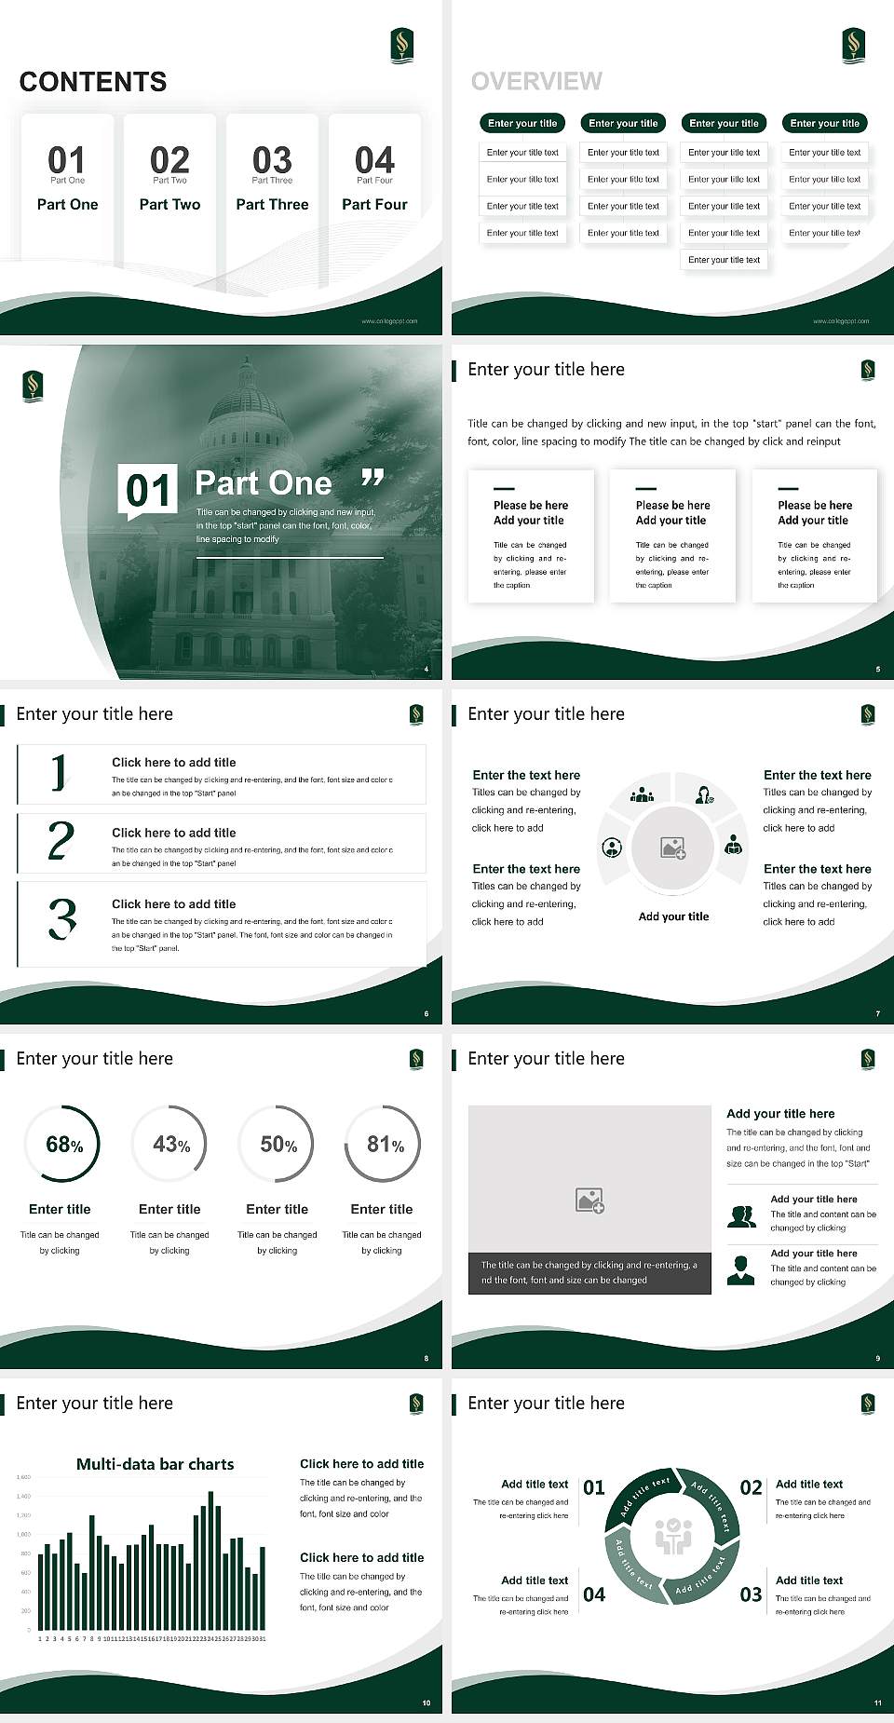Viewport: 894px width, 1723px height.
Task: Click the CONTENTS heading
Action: (x=93, y=82)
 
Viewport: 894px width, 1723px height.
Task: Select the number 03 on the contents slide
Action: (x=272, y=159)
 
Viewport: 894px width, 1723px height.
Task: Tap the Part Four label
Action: (x=374, y=204)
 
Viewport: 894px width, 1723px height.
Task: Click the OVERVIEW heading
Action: (x=536, y=81)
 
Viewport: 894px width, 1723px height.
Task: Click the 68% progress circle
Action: (x=63, y=1144)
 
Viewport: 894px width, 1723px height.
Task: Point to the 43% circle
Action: (x=170, y=1144)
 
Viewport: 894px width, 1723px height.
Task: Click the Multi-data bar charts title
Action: (x=155, y=1464)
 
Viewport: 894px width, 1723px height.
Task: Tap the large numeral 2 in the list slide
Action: (x=61, y=841)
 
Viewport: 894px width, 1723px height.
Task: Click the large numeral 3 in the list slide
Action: (x=61, y=918)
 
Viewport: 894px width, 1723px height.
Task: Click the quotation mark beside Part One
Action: (x=372, y=478)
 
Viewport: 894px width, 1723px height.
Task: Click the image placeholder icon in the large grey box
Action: (x=589, y=1200)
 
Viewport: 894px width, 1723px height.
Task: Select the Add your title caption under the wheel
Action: (x=673, y=916)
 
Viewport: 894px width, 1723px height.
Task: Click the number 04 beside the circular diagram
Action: (x=594, y=1594)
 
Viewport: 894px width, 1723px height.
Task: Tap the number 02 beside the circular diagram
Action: (x=751, y=1487)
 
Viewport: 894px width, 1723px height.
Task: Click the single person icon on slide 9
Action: (x=740, y=1269)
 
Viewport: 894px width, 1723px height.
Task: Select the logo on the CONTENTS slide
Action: (x=401, y=45)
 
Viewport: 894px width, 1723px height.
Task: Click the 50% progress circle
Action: (x=278, y=1144)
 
